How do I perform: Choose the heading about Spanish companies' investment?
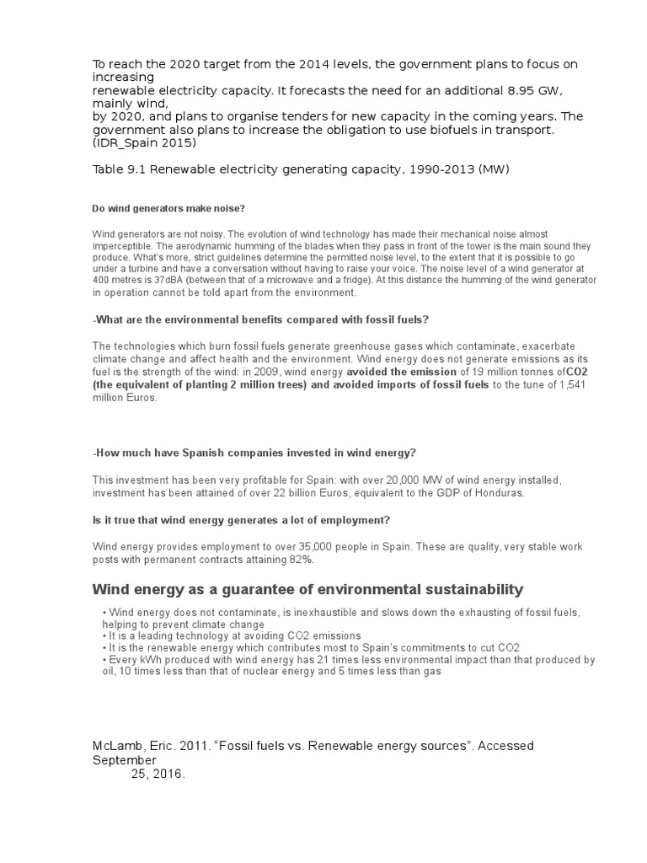254,453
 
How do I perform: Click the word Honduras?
496,492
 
